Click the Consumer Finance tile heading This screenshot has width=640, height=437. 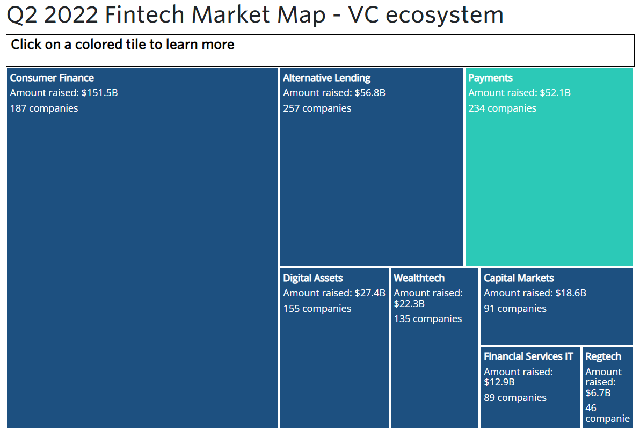click(52, 78)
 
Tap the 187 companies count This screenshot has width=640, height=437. click(44, 108)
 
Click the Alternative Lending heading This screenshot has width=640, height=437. click(326, 78)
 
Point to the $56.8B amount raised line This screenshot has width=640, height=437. click(334, 93)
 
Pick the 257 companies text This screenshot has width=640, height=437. click(317, 108)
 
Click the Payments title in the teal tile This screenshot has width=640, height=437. click(490, 78)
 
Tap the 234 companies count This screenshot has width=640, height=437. click(503, 108)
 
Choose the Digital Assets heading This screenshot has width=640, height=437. click(313, 278)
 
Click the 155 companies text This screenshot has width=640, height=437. click(317, 309)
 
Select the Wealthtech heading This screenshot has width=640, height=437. click(419, 278)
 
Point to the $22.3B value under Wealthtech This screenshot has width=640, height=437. click(409, 304)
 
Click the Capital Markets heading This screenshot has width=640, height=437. click(519, 278)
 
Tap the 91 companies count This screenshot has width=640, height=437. click(515, 309)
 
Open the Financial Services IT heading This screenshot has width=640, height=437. click(528, 356)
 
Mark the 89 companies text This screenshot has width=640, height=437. click(515, 398)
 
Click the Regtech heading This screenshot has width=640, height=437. click(603, 356)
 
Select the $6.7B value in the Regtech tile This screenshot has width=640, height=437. click(598, 393)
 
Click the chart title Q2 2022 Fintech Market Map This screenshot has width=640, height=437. click(166, 14)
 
